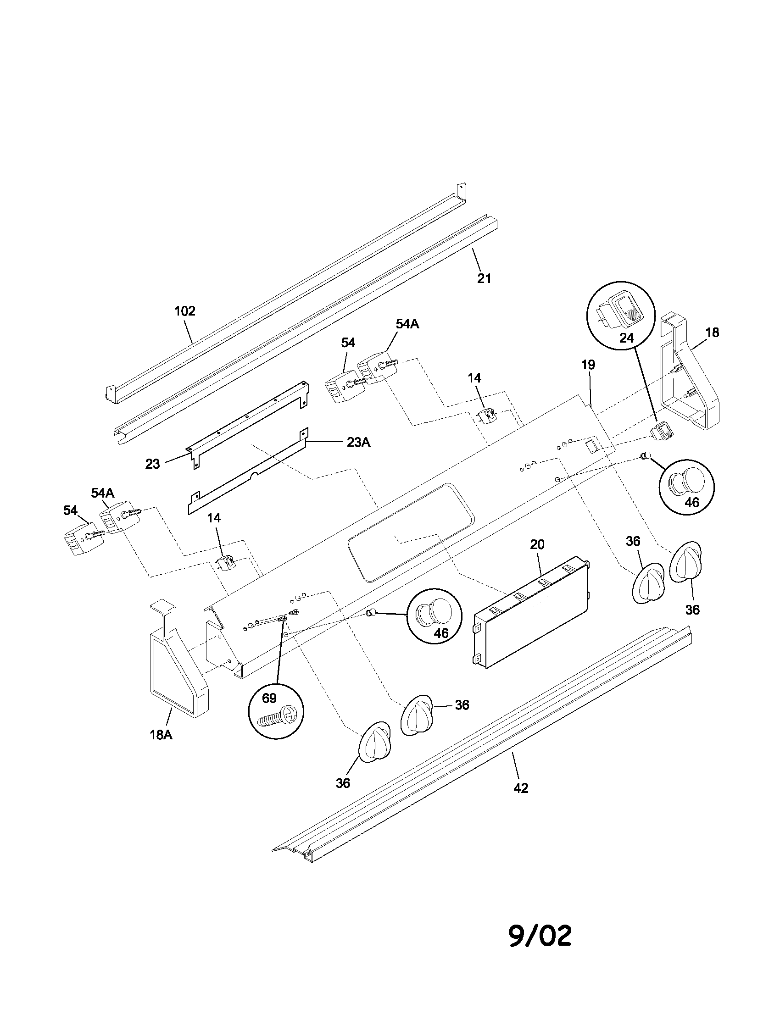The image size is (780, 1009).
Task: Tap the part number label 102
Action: click(185, 311)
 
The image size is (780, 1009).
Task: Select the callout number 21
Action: click(484, 278)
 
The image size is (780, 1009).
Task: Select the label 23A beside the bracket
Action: click(359, 442)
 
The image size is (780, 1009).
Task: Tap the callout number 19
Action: click(588, 365)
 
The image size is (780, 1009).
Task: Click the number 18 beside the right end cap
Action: click(712, 332)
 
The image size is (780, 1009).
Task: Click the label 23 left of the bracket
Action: click(152, 464)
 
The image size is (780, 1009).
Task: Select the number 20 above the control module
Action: click(537, 545)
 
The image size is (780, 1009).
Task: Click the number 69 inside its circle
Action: click(269, 698)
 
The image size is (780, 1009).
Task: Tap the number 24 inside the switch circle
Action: click(626, 338)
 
